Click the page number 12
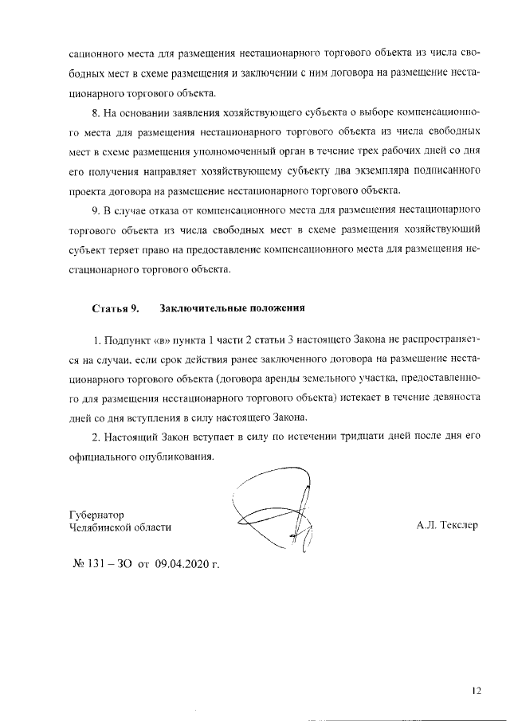[x=476, y=690]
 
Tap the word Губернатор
[x=96, y=514]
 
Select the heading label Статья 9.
[x=116, y=307]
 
